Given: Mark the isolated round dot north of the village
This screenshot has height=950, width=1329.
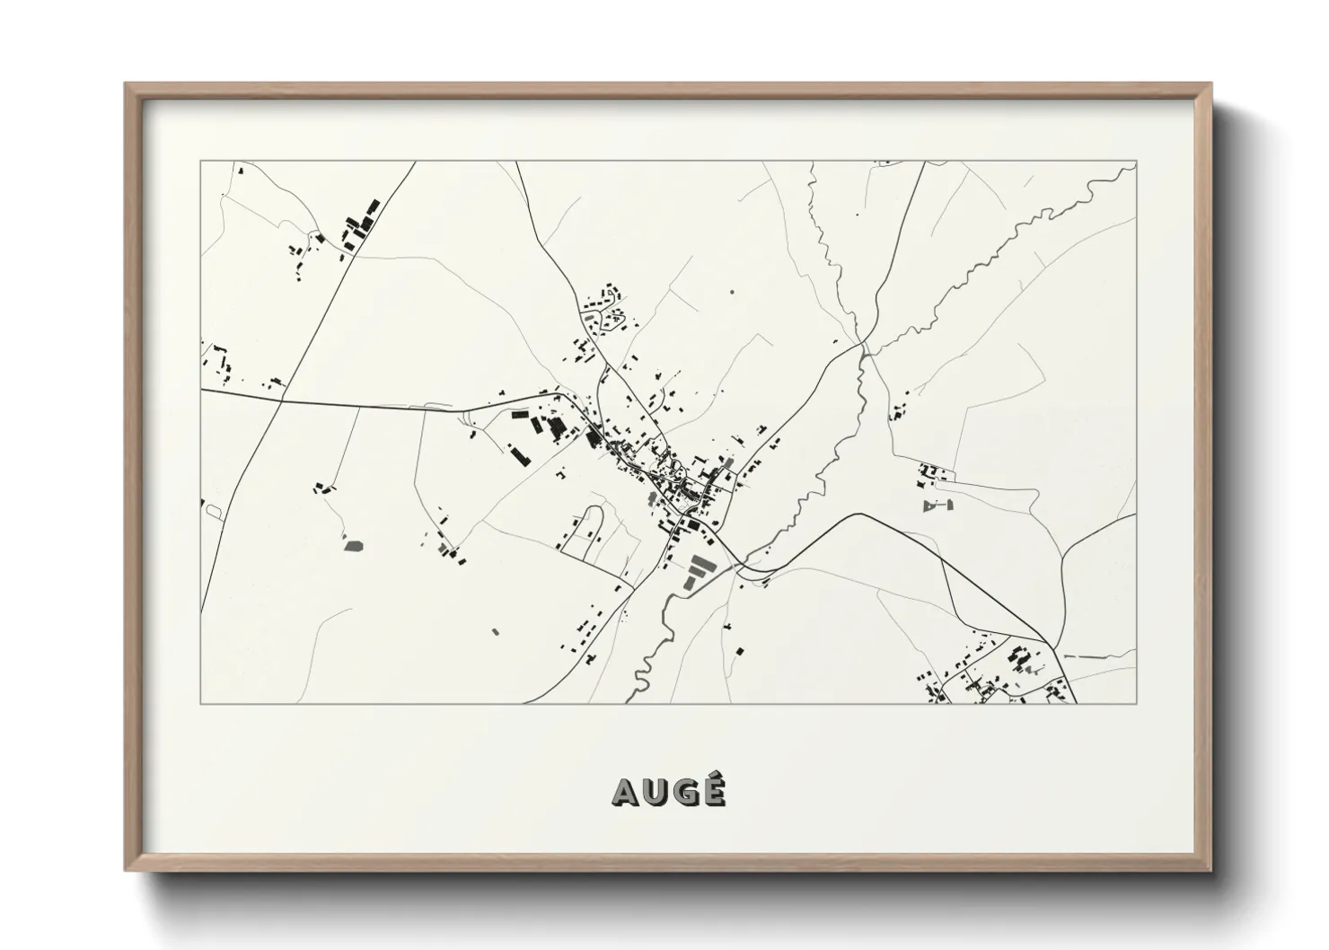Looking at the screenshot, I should click(732, 291).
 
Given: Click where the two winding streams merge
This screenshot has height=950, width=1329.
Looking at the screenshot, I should click(862, 345).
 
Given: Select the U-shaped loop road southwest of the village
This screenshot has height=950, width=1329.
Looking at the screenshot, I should click(589, 530).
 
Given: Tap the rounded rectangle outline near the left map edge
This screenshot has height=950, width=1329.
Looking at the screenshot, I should click(214, 511).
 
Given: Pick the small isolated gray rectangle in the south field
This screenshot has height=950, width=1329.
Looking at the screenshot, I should click(494, 631).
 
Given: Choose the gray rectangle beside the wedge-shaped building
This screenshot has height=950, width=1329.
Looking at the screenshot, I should click(949, 506).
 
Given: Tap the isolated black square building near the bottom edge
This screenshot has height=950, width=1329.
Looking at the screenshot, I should click(739, 651).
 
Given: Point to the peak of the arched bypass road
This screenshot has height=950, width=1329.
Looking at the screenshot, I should click(860, 514).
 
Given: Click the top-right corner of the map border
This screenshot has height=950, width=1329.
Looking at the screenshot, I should click(1136, 162).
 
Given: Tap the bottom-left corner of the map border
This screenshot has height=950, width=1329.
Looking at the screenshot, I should click(201, 703).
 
